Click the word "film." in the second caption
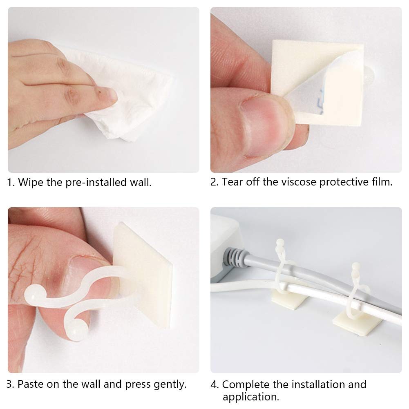(381, 182)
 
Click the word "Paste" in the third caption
(30, 384)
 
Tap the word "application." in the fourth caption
(251, 397)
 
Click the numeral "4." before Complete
(215, 384)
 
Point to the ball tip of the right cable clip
(356, 267)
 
